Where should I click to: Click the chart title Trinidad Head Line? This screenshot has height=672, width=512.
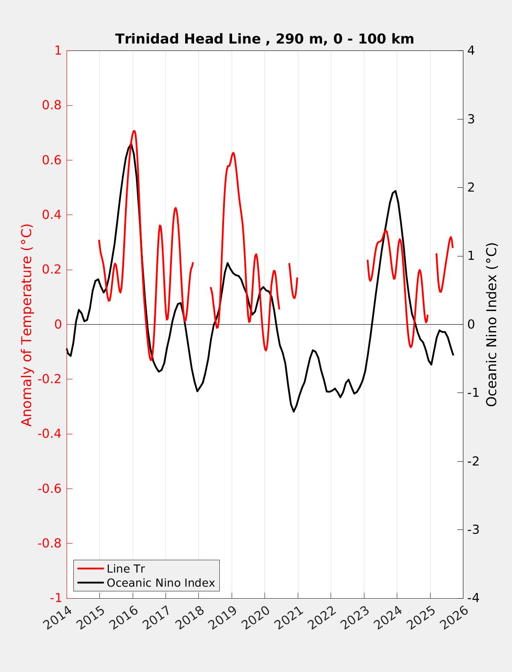264,39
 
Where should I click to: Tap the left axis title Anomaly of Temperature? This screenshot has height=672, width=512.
27,325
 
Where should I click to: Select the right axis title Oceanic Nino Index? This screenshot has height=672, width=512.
492,325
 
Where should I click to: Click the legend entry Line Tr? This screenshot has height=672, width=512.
126,569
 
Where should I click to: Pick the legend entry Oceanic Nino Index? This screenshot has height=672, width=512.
160,583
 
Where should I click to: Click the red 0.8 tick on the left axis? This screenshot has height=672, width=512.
52,105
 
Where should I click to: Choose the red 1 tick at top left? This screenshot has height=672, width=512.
58,51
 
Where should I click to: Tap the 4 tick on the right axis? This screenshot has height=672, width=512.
471,51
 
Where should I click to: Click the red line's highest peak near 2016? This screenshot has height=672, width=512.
134,131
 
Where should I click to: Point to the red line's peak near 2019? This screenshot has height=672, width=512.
233,153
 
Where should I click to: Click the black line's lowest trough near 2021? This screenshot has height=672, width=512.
294,411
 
